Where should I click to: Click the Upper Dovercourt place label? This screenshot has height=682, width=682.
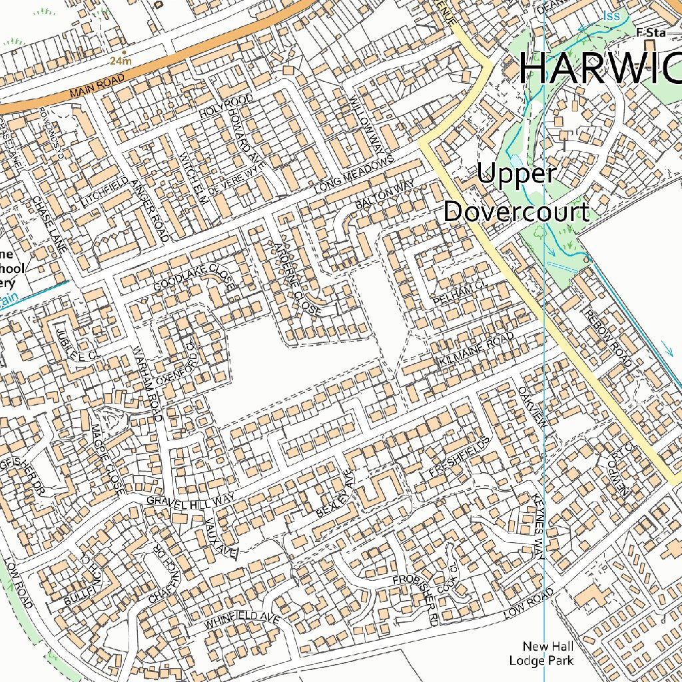[516, 193]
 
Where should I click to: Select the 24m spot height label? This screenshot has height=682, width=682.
[121, 61]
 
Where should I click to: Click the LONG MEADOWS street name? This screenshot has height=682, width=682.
[352, 176]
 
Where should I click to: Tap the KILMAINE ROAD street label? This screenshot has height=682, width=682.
[477, 350]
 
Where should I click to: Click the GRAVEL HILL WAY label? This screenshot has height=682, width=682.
[190, 500]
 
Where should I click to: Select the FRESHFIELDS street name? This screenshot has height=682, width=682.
[459, 457]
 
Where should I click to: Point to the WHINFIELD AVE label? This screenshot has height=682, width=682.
[240, 620]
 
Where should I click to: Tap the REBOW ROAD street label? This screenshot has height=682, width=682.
[607, 337]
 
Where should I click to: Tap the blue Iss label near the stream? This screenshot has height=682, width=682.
[611, 15]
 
